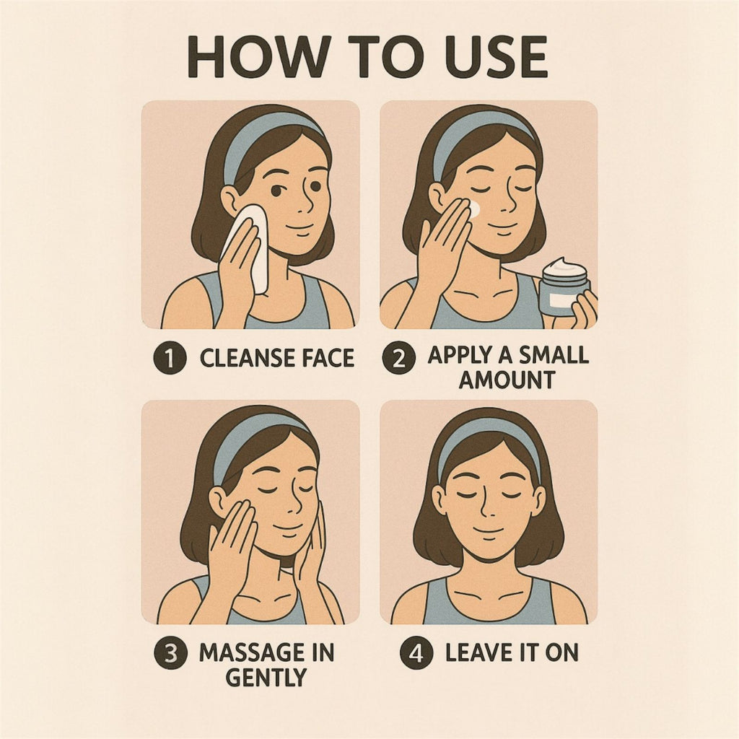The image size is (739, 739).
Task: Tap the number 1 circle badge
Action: point(170,358)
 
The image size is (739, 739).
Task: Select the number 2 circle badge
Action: point(398,358)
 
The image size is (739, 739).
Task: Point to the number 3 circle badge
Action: point(170,652)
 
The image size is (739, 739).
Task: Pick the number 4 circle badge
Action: point(416,652)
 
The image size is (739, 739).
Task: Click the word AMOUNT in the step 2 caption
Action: point(507,380)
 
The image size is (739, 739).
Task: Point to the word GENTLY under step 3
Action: point(266,677)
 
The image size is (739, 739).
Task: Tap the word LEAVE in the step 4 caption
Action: point(477,652)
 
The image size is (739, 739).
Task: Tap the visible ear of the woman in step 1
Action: point(231,201)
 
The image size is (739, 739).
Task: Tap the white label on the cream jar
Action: point(560,301)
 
